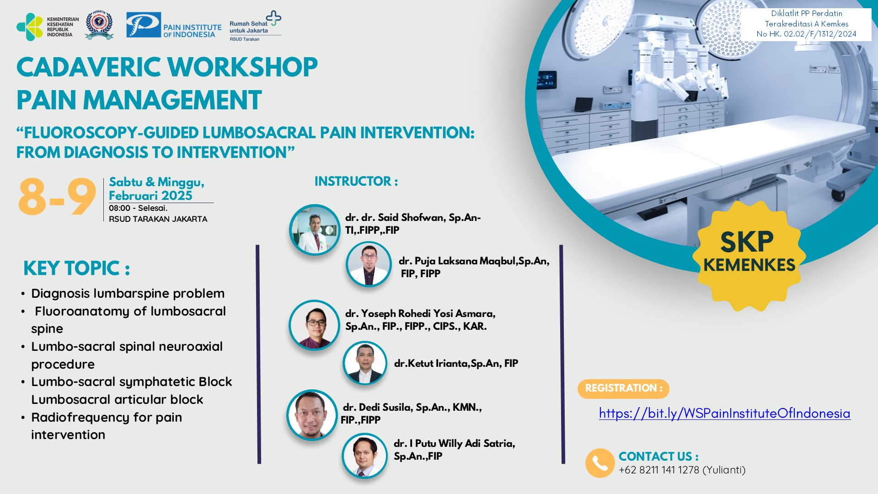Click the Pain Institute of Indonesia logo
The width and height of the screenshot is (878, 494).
[174, 26]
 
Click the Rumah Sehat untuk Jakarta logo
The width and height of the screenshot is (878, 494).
[255, 27]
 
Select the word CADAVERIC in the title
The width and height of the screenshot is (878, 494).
[89, 68]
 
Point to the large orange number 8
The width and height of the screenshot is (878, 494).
[32, 197]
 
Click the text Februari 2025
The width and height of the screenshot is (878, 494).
[150, 196]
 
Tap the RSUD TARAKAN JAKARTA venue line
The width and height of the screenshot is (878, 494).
[158, 219]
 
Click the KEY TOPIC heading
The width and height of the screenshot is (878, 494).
[76, 268]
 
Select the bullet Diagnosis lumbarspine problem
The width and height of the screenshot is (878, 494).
[128, 293]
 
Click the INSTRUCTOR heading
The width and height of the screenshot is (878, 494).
[356, 182]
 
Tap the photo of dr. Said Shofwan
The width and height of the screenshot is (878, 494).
[314, 230]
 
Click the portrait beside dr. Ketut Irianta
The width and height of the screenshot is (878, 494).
[364, 363]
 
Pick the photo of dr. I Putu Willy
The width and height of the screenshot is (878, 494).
[364, 456]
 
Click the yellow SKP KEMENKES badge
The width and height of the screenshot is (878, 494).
[749, 256]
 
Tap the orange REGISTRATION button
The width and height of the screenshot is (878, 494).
[623, 388]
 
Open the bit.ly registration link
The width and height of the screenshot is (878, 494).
[724, 413]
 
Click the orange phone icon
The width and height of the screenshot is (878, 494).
[600, 463]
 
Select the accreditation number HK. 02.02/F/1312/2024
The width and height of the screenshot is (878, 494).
[806, 34]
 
